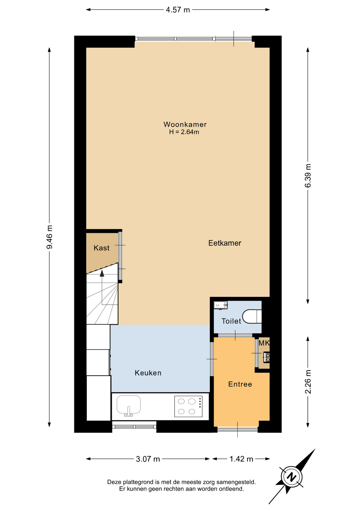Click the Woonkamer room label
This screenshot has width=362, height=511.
[185, 124]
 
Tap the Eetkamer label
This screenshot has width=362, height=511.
[225, 243]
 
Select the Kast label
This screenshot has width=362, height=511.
[102, 248]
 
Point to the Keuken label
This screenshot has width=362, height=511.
[148, 373]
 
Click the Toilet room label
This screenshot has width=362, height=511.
[231, 321]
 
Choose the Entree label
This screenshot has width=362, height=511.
[240, 384]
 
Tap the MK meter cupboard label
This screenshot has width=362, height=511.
[264, 343]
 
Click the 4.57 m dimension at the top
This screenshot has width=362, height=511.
[178, 10]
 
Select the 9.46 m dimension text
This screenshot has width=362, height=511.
[50, 237]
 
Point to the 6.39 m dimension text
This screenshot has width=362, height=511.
[308, 176]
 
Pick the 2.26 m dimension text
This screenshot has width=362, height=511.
[308, 382]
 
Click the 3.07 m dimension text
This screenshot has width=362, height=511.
[148, 459]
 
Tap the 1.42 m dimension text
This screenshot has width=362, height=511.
[241, 459]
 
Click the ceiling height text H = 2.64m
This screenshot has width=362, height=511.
[184, 132]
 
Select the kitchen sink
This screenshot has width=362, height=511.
[128, 406]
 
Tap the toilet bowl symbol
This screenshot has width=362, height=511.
[252, 316]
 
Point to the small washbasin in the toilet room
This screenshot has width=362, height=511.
[220, 305]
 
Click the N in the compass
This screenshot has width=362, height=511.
[292, 477]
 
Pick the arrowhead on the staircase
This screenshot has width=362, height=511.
[102, 273]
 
